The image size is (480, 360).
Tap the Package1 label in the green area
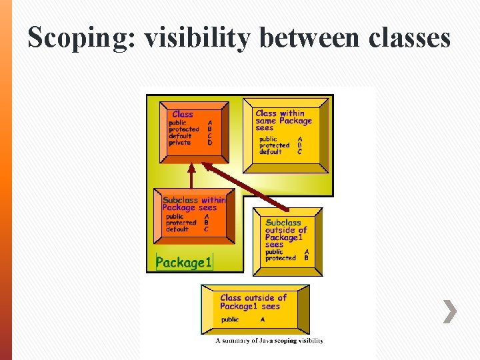183,263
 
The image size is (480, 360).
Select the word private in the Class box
180,143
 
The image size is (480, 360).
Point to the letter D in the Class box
210,143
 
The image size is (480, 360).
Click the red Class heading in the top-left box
183,115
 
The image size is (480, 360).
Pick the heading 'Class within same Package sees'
283,121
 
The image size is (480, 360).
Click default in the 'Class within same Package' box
271,152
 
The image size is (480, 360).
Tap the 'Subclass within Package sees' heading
194,203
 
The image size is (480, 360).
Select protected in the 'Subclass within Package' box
181,223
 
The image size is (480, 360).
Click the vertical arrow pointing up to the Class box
191,177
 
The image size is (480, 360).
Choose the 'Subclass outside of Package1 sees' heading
285,233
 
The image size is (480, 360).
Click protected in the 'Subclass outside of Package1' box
281,258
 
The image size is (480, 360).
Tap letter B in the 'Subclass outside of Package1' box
307,258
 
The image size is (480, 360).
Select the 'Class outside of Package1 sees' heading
253,302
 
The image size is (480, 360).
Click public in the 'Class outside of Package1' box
230,320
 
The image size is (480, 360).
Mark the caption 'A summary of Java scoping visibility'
269,341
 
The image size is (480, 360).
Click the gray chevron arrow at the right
451,311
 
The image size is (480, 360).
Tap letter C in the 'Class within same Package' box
300,152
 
